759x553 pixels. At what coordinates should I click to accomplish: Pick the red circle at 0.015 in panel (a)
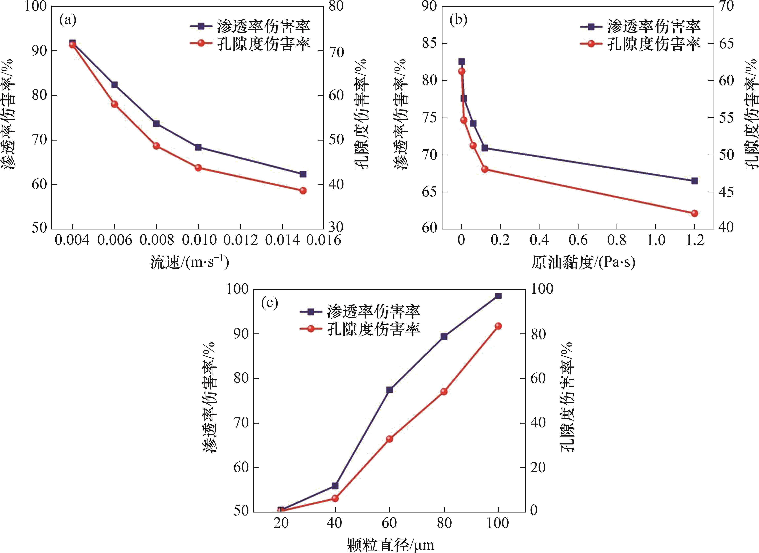pos(303,190)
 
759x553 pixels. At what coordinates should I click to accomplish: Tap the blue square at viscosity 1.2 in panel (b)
pos(694,181)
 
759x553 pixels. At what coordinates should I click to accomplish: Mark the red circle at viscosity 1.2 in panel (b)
pos(694,213)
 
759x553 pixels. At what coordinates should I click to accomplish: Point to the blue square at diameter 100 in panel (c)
pos(498,296)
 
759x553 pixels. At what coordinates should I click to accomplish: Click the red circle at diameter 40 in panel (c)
pos(335,498)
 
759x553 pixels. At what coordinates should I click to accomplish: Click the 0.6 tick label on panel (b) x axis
pos(578,240)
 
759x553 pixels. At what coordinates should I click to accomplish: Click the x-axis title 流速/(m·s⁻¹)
pos(189,262)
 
